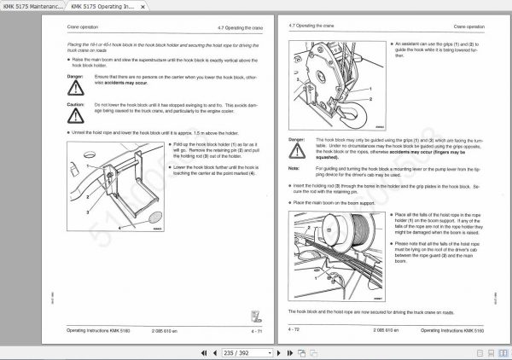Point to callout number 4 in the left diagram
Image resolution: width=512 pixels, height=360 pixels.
click(x=119, y=229)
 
